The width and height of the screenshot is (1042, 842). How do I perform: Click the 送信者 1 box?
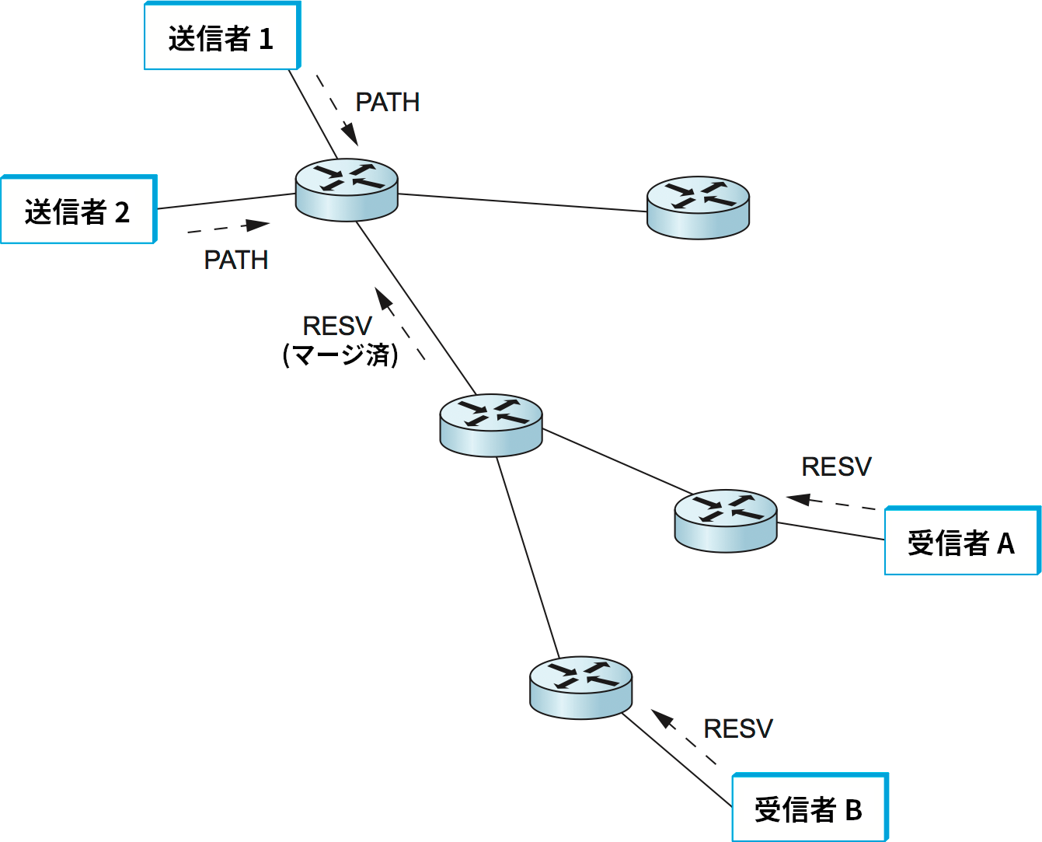click(221, 37)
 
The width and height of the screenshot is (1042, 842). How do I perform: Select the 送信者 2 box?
click(78, 210)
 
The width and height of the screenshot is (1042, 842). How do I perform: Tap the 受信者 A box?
click(961, 542)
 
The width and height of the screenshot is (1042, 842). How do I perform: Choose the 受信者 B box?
click(809, 809)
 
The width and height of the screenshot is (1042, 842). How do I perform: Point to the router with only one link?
click(698, 207)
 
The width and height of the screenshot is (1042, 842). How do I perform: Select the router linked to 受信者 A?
click(725, 521)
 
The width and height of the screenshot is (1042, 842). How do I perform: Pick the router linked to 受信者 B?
click(580, 687)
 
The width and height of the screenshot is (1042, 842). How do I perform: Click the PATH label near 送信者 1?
click(387, 102)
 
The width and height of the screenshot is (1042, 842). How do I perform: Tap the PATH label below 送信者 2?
click(235, 260)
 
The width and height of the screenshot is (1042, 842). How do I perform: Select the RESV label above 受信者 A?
click(836, 466)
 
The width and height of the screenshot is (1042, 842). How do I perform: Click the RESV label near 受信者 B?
click(737, 728)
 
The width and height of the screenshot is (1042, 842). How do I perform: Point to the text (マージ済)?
click(340, 355)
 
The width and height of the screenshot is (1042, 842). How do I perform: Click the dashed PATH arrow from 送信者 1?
click(337, 110)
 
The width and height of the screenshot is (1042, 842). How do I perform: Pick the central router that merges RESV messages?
click(490, 424)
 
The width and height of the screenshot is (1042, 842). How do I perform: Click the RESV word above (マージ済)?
click(337, 325)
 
